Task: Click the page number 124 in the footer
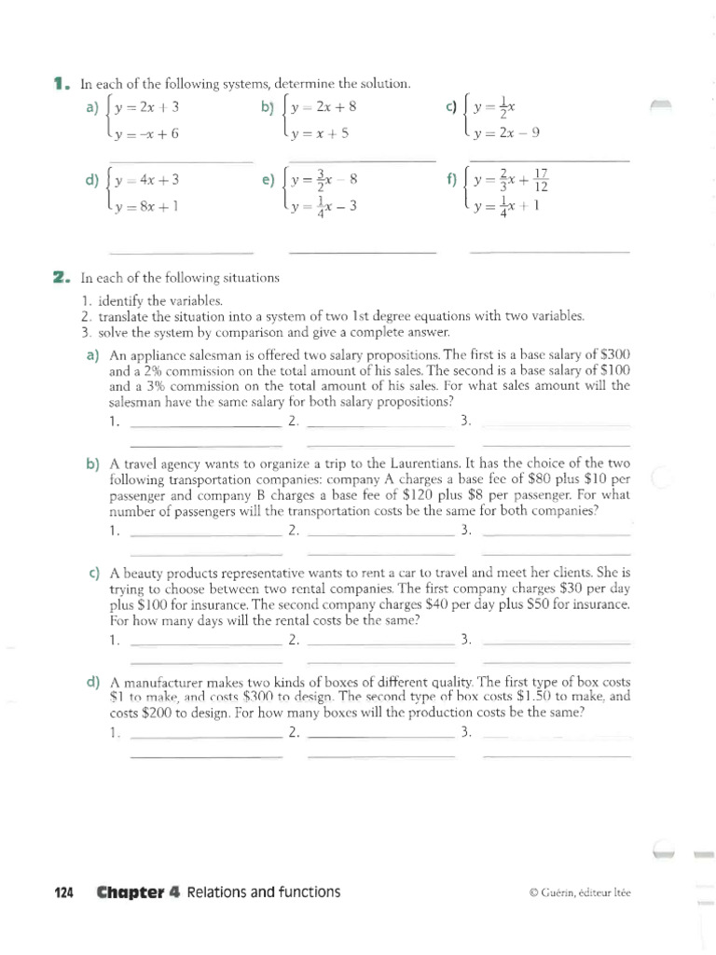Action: [x=64, y=893]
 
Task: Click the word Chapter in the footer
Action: [x=131, y=893]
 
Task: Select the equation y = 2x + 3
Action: [x=146, y=106]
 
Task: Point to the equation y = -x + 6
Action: [x=146, y=133]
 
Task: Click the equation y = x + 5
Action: [x=320, y=133]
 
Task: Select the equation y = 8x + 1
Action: [x=146, y=207]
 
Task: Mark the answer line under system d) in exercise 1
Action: [x=181, y=253]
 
